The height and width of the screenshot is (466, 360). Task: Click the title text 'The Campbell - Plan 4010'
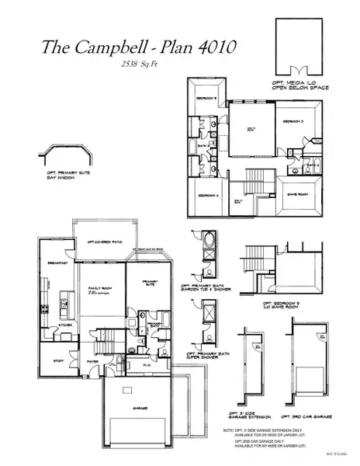[x=129, y=49]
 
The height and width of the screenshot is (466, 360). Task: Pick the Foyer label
[x=92, y=360]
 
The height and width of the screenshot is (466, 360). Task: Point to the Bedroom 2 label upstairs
[x=291, y=122]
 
